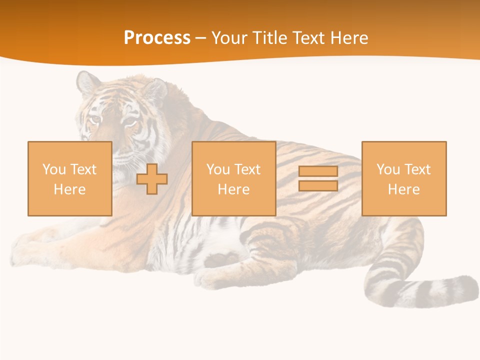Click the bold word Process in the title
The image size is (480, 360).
tap(157, 38)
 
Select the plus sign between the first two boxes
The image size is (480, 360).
tap(152, 179)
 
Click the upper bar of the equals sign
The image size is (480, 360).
tap(318, 171)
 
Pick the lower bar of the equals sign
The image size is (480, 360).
tap(318, 186)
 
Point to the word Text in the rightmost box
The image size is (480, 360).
tap(417, 169)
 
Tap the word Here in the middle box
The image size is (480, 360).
tap(234, 189)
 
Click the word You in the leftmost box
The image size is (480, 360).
tap(54, 169)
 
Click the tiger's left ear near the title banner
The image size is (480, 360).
tap(88, 83)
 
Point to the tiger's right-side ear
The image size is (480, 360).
tap(155, 89)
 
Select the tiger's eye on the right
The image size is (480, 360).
tap(129, 121)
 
